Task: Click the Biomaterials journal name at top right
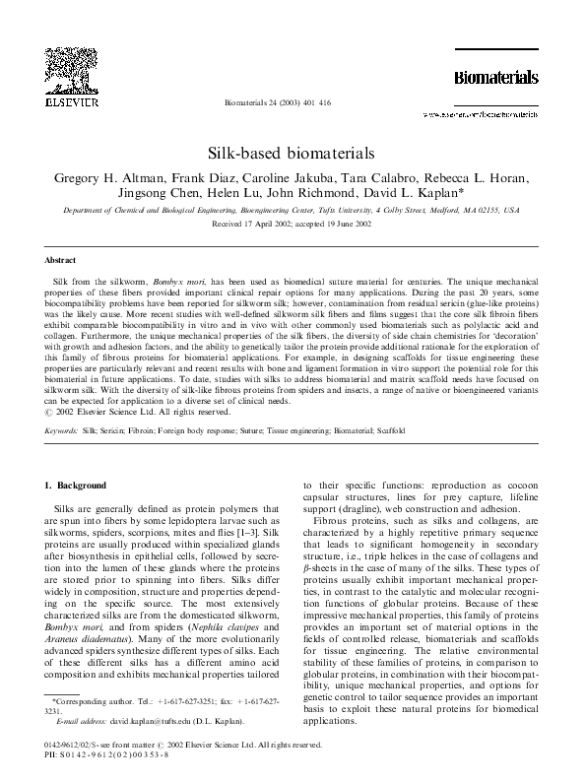tap(494, 77)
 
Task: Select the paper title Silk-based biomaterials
tap(293, 155)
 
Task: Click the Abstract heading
tap(62, 261)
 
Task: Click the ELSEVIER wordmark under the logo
tap(65, 101)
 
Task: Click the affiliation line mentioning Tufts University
tap(293, 211)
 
